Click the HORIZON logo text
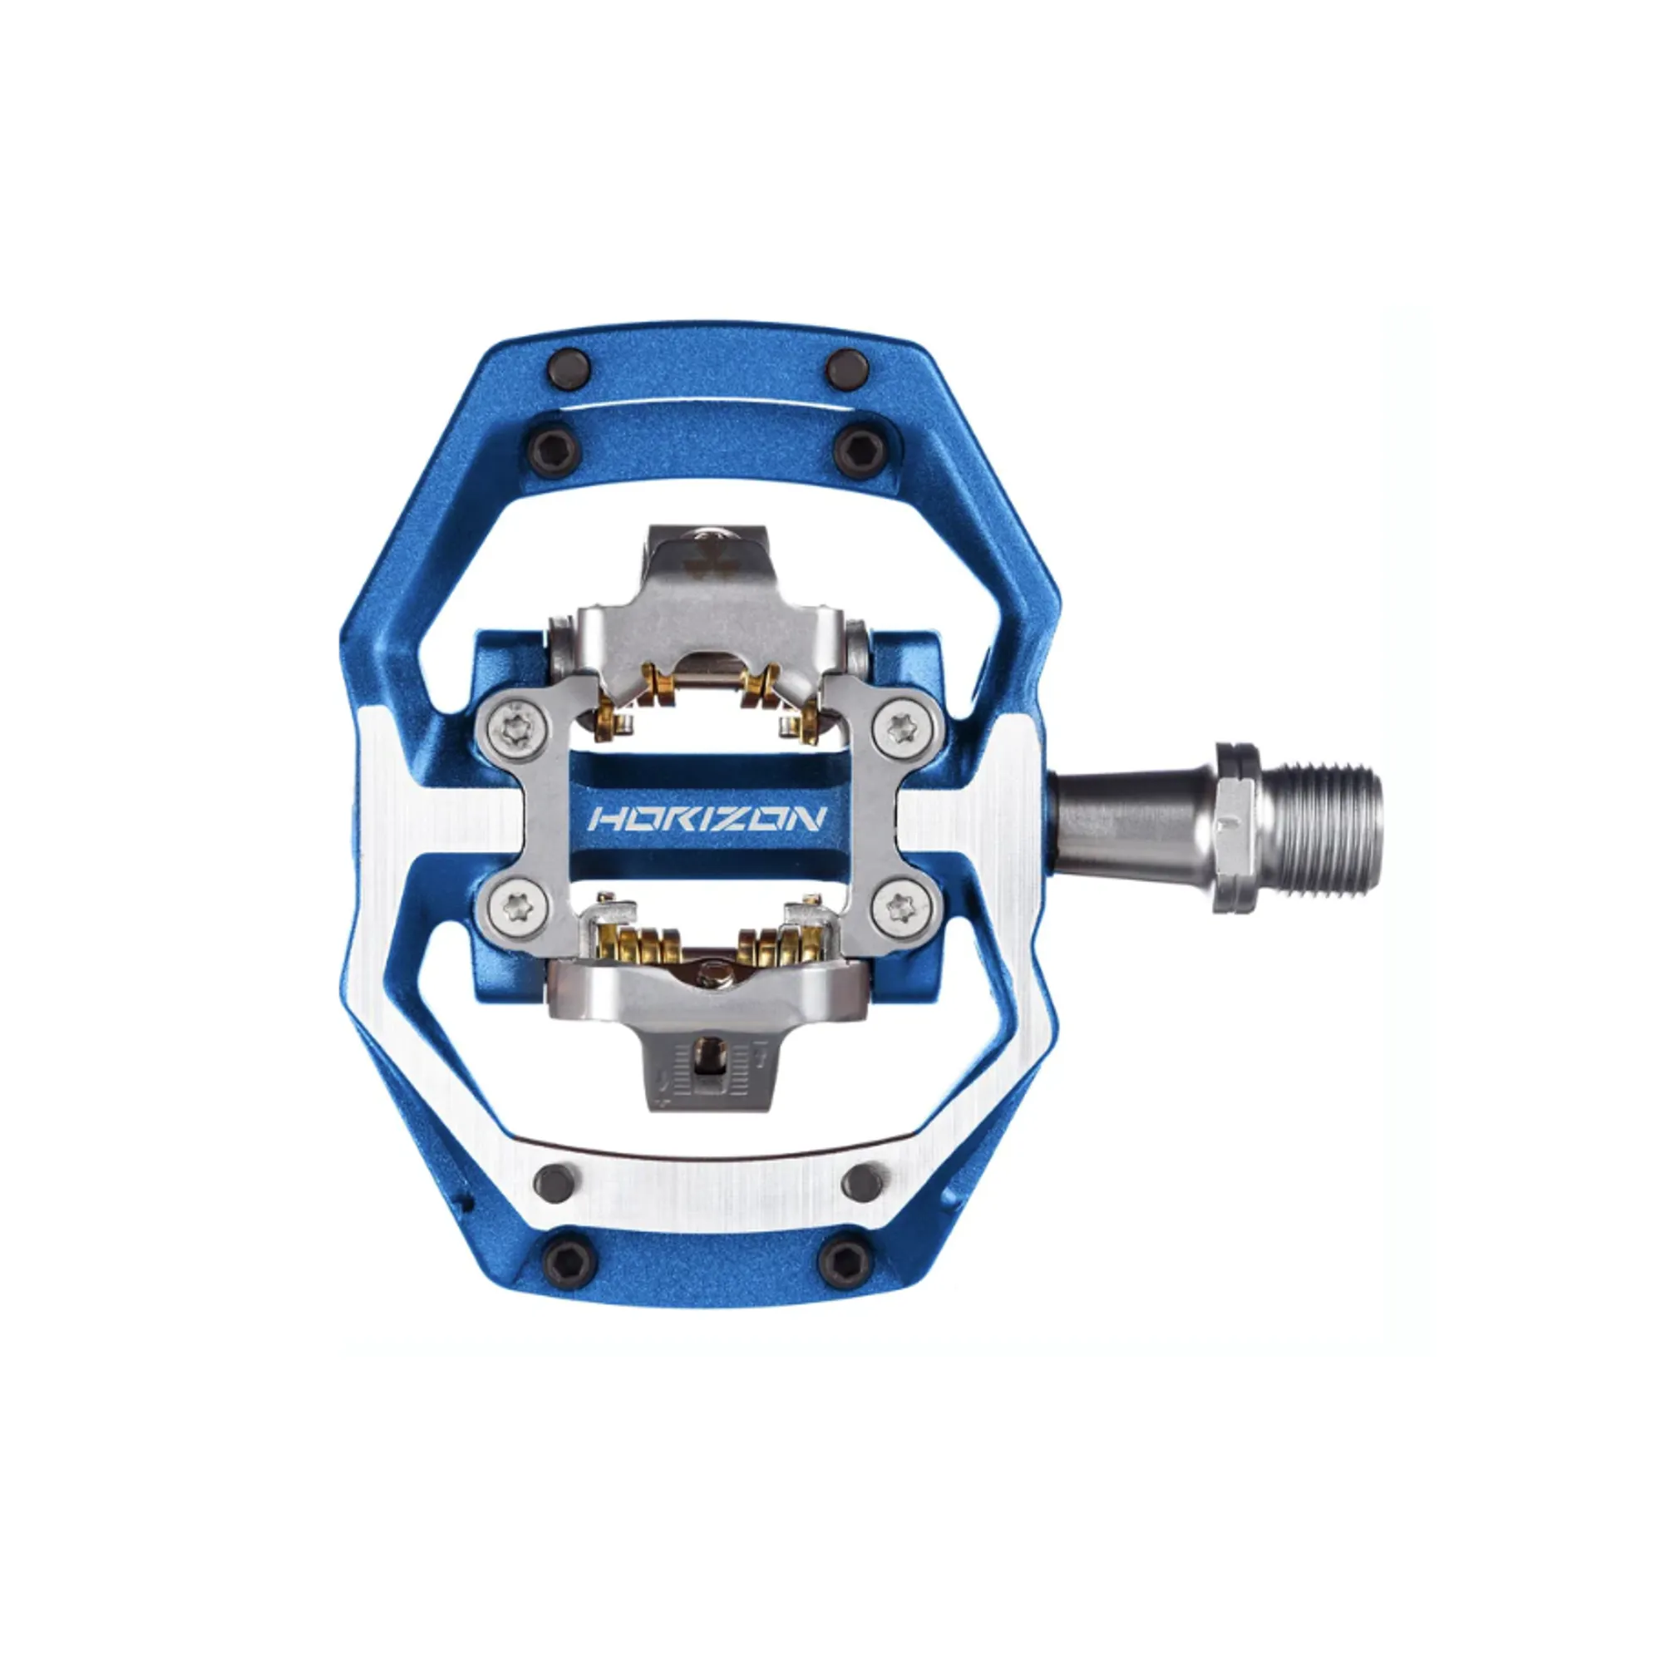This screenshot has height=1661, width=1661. [x=707, y=817]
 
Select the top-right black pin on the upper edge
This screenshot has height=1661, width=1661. [x=846, y=368]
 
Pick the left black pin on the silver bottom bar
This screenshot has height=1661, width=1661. [x=554, y=1183]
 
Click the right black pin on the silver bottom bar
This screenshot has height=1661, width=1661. [x=863, y=1182]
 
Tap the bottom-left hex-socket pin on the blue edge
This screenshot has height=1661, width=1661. [x=569, y=1260]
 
